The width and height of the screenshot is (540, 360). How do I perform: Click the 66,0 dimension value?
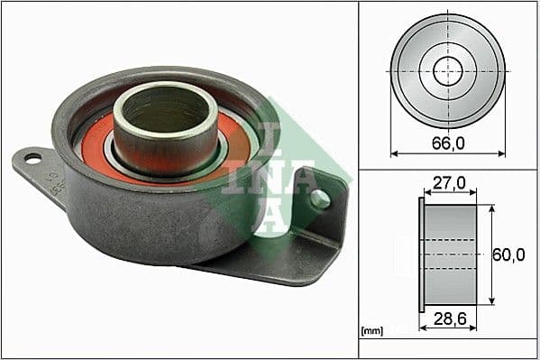(447, 141)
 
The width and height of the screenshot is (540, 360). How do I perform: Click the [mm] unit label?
(371, 331)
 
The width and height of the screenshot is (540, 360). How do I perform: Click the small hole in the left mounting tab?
(33, 159)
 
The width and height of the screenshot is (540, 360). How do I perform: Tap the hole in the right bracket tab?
(319, 198)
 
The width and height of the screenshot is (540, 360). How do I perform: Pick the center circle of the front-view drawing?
(447, 70)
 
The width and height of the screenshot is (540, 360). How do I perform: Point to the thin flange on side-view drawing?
(421, 254)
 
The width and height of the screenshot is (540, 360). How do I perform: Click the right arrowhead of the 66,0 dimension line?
(501, 153)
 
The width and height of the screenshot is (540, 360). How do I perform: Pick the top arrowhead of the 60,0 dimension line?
(491, 208)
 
